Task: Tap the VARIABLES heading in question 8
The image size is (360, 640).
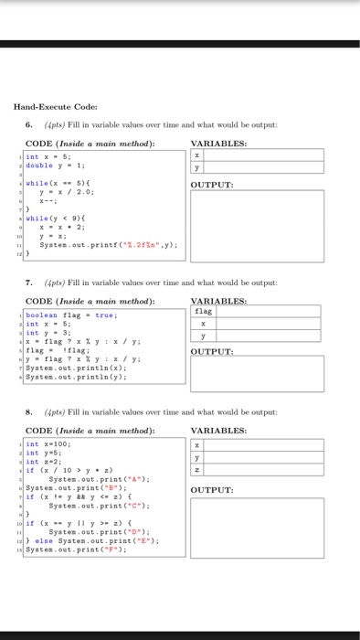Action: [x=220, y=431]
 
